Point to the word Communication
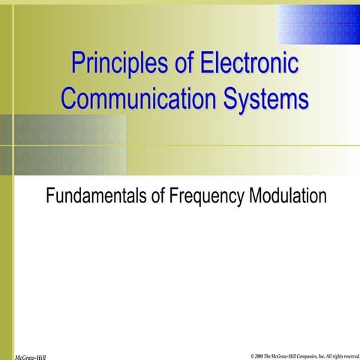132,98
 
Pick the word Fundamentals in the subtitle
95,197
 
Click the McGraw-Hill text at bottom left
31,355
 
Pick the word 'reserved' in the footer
352,354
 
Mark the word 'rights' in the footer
340,354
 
